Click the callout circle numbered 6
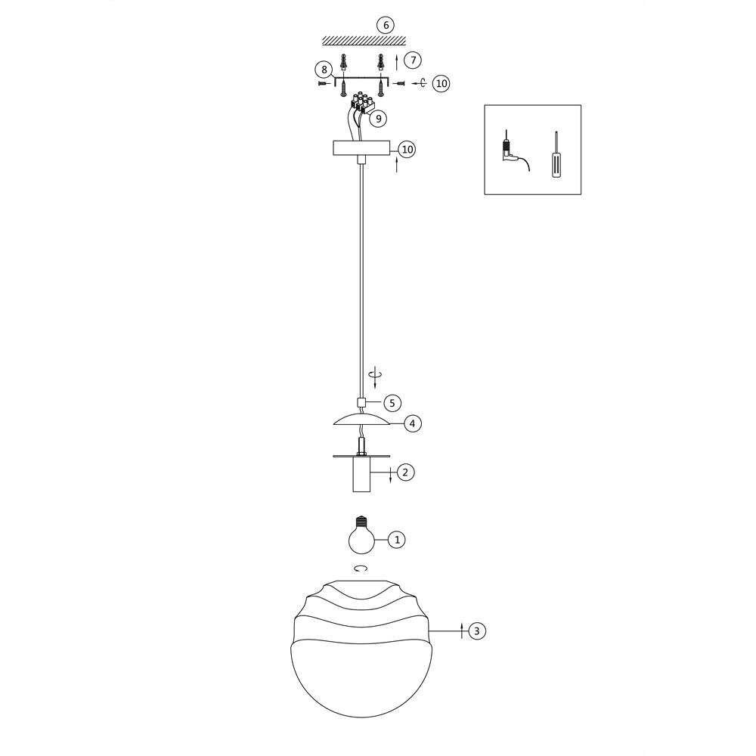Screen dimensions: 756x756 click(386, 25)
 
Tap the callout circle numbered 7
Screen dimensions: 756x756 click(413, 60)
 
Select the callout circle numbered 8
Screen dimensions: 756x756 click(324, 70)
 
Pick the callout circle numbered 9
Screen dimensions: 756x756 click(378, 118)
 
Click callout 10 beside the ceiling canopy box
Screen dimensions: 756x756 click(407, 150)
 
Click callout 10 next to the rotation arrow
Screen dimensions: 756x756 click(442, 83)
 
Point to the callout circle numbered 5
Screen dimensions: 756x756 click(392, 403)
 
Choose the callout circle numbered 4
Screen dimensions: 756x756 click(412, 424)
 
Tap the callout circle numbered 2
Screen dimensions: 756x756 click(405, 472)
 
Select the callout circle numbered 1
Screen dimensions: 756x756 click(397, 540)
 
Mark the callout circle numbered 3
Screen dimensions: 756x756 click(477, 631)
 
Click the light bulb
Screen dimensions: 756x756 click(361, 536)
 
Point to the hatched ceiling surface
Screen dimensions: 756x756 click(364, 41)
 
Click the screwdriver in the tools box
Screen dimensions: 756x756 click(557, 154)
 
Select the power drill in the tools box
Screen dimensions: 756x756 click(514, 150)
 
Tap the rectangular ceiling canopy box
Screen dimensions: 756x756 click(361, 148)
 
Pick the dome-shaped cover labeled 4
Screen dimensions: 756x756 click(361, 420)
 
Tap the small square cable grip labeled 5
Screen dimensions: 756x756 click(361, 402)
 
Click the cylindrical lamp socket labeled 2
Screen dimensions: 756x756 click(361, 472)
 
